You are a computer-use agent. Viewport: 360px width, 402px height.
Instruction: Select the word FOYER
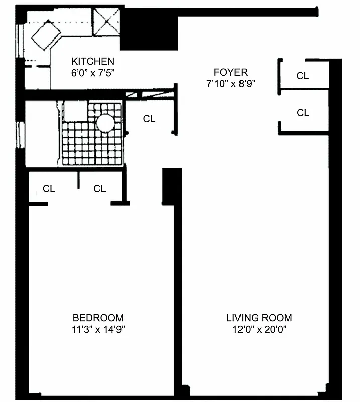[230, 72]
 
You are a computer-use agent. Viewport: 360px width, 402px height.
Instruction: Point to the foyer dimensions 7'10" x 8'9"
[230, 84]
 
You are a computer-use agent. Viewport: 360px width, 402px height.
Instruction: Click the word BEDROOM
[98, 318]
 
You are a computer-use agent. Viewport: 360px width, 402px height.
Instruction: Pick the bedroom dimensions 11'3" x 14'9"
[98, 330]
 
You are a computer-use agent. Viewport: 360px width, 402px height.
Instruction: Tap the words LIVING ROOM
[259, 318]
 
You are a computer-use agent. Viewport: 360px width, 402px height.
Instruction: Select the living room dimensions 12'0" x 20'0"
[259, 330]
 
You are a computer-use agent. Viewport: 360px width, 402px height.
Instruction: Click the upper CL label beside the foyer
[303, 76]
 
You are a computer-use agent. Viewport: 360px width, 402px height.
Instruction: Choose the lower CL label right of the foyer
[303, 113]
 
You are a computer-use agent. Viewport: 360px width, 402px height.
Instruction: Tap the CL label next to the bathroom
[149, 119]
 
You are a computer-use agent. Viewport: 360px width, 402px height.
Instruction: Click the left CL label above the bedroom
[49, 189]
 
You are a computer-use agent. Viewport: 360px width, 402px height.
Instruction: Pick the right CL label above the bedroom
[100, 189]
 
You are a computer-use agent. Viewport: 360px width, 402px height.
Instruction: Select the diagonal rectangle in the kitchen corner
[46, 35]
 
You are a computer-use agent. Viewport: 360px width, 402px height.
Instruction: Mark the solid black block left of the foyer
[149, 30]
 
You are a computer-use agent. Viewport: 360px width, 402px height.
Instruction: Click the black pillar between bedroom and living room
[171, 186]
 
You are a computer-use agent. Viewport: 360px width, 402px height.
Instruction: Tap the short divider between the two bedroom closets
[79, 180]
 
